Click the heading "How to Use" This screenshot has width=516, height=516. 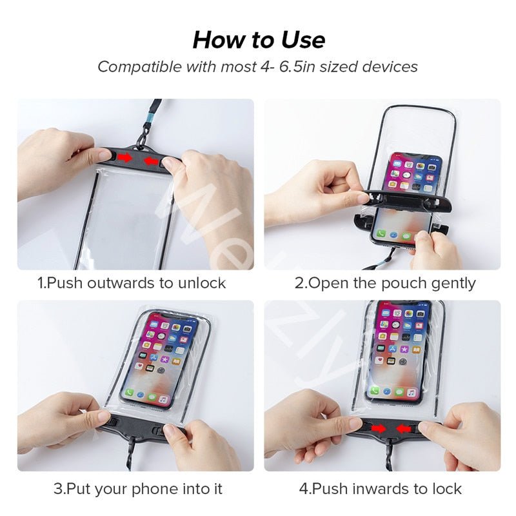pyautogui.click(x=258, y=40)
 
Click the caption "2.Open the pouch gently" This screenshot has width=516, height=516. pyautogui.click(x=385, y=283)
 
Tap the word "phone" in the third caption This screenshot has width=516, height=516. pyautogui.click(x=154, y=488)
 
